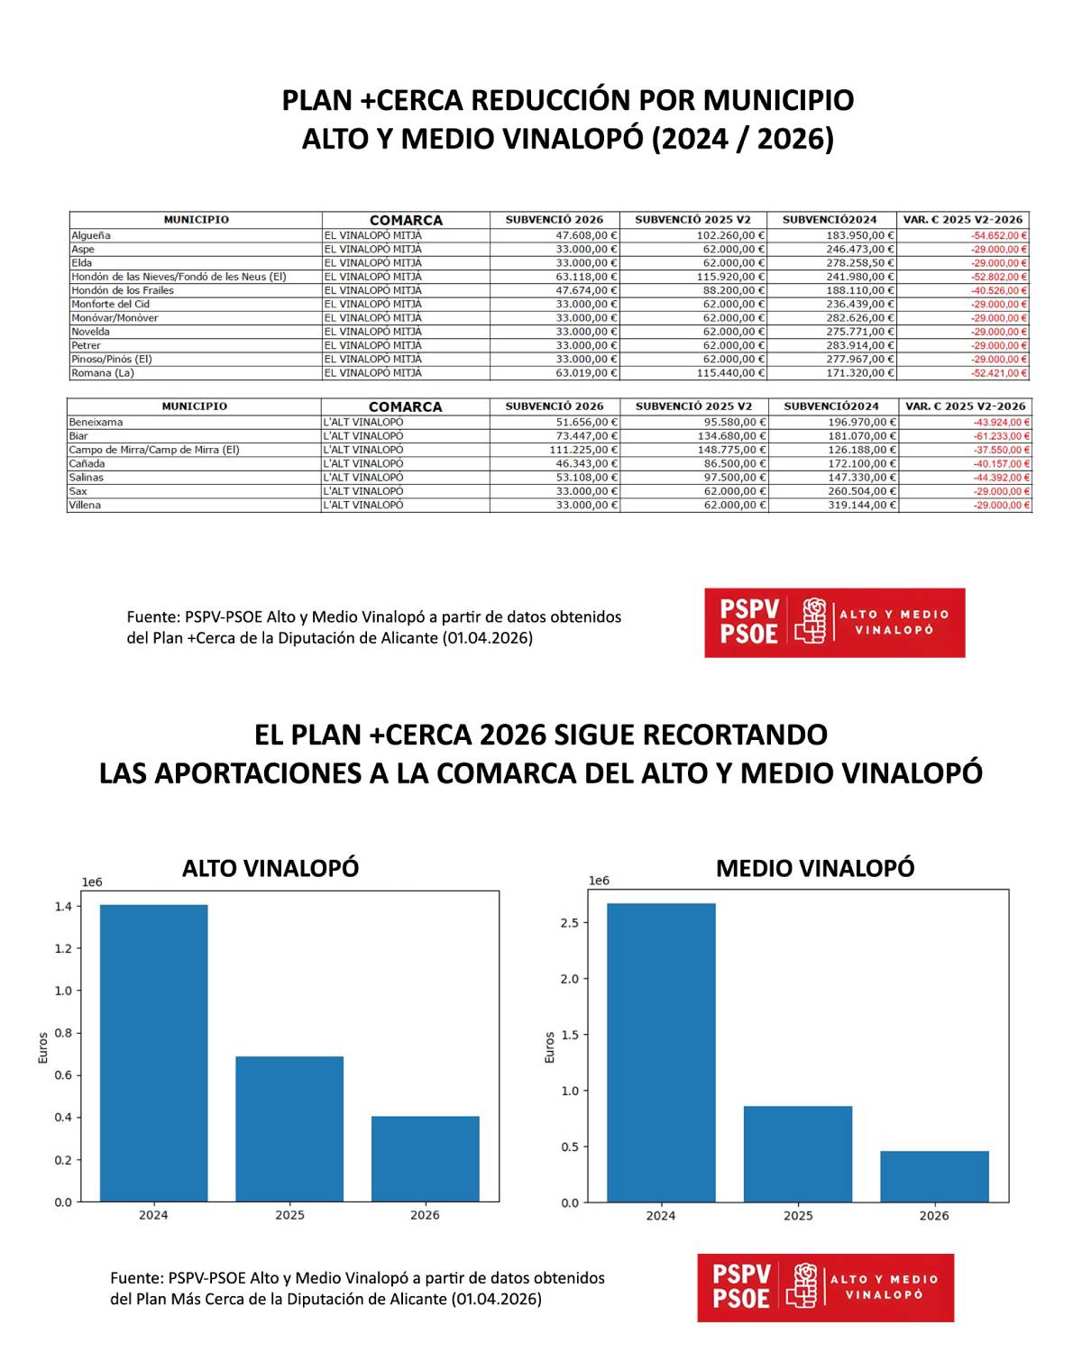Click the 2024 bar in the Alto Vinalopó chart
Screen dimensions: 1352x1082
tap(153, 1053)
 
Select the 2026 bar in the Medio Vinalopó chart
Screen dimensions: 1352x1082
tap(934, 1176)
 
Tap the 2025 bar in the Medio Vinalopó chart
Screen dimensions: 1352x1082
tap(798, 1154)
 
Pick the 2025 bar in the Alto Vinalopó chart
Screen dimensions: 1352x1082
tap(289, 1128)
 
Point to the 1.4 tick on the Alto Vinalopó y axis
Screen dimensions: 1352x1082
tap(63, 907)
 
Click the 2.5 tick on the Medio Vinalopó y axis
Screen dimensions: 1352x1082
tap(569, 923)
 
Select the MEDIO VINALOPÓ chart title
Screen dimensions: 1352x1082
tap(815, 868)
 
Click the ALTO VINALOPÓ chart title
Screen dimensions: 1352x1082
tap(270, 868)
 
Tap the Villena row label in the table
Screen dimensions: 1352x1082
tap(86, 506)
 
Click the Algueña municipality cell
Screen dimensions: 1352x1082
tap(91, 235)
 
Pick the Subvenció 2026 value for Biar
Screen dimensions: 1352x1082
tap(586, 436)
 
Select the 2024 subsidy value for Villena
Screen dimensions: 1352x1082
tap(862, 506)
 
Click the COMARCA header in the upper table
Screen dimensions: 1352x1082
tap(406, 220)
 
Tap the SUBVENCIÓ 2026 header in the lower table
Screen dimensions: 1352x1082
tap(555, 407)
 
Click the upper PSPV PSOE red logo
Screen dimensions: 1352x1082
tap(834, 623)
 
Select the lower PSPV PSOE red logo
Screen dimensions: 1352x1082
tap(825, 1287)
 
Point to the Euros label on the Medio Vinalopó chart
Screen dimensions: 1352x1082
tap(550, 1047)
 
